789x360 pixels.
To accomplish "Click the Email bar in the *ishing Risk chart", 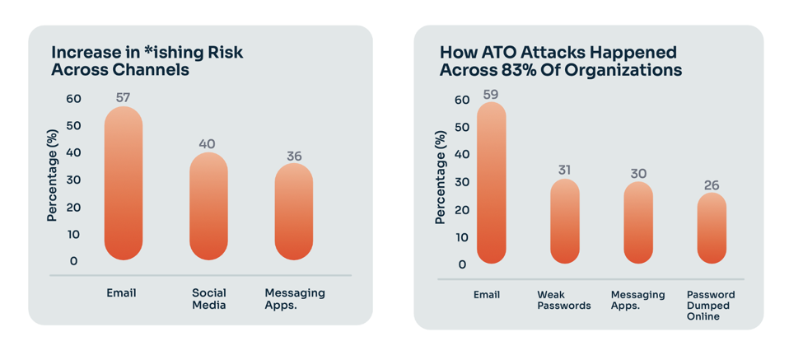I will [x=124, y=184].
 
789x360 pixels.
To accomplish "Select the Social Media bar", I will [x=208, y=207].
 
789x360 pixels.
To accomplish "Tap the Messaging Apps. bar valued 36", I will [x=294, y=212].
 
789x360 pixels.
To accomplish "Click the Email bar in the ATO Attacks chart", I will [x=491, y=183].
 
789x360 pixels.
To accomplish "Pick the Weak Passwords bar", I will [x=564, y=222].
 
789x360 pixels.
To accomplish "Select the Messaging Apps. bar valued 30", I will [x=638, y=223].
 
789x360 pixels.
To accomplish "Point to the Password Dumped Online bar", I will [x=712, y=228].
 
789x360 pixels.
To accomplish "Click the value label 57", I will [x=124, y=97].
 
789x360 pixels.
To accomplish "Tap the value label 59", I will [x=491, y=94].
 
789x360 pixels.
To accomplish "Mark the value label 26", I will [x=712, y=185].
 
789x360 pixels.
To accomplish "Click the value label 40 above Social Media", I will [x=208, y=144].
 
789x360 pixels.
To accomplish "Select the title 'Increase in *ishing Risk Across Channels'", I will [x=147, y=61].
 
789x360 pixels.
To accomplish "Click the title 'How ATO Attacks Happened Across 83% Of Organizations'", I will [x=561, y=61].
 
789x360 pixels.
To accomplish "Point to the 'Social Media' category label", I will [x=208, y=298].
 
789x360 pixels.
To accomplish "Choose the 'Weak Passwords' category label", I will [x=564, y=300].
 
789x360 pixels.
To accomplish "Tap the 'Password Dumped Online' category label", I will [x=711, y=305].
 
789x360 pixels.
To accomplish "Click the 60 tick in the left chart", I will [x=74, y=99].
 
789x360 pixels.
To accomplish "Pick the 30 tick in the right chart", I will [x=461, y=182].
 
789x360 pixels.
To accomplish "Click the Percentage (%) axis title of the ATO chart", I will [x=440, y=177].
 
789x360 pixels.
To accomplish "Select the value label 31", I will [x=564, y=170].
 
